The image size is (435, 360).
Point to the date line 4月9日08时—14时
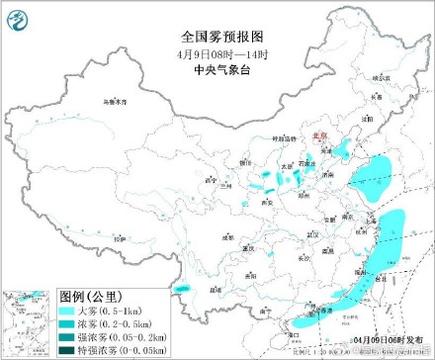pyautogui.click(x=217, y=28)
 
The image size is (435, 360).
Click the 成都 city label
pyautogui.click(x=228, y=237)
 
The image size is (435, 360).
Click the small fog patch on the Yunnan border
pyautogui.click(x=182, y=291)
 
